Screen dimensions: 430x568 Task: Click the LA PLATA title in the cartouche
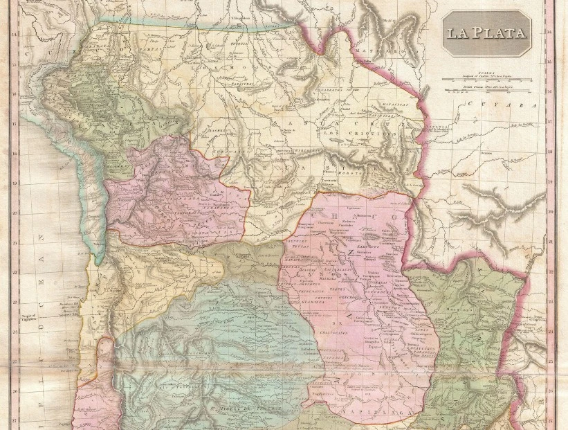point(486,33)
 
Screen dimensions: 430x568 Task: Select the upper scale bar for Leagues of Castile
point(486,80)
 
